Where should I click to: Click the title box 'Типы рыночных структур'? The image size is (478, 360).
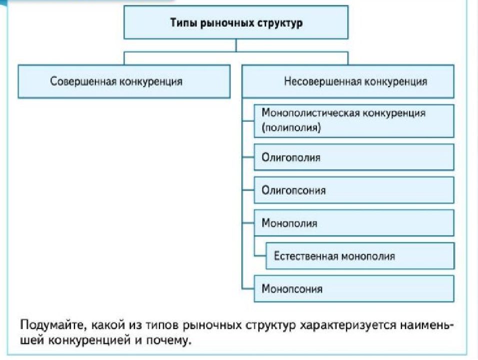[236, 22]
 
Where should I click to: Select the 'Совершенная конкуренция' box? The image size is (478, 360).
[124, 81]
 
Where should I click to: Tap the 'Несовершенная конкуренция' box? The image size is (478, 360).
[348, 81]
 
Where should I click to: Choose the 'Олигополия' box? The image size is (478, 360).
[354, 157]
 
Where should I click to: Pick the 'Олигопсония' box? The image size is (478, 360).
[354, 190]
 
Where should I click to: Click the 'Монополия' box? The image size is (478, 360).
[354, 223]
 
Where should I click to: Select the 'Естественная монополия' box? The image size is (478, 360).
[360, 255]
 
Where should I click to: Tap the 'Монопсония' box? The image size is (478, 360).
[354, 288]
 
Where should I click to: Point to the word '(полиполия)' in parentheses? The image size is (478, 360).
[291, 127]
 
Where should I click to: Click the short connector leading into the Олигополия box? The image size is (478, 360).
[248, 157]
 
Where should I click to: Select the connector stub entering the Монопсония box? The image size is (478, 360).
[248, 288]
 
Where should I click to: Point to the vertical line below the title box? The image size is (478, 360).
[236, 45]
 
